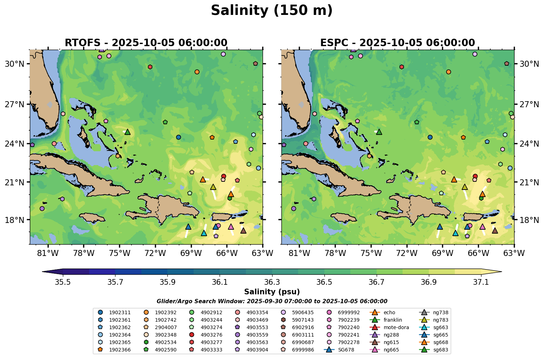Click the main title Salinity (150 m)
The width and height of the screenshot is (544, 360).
272,11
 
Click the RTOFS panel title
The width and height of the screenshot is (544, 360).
146,43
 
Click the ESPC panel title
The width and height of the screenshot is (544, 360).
398,43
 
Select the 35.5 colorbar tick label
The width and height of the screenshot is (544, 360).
63,282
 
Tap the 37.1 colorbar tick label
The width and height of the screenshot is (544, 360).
481,282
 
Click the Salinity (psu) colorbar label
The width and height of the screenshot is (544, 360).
272,292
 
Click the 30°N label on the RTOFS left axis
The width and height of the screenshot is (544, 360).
14,64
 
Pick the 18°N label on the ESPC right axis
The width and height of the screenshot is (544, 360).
529,220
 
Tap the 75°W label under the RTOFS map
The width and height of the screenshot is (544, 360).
119,253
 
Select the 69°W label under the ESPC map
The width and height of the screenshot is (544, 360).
442,253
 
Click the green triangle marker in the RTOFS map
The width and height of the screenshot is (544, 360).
128,132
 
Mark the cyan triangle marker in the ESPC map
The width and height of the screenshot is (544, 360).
456,233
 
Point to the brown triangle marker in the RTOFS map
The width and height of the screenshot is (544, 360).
243,231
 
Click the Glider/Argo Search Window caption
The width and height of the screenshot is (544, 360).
272,301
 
